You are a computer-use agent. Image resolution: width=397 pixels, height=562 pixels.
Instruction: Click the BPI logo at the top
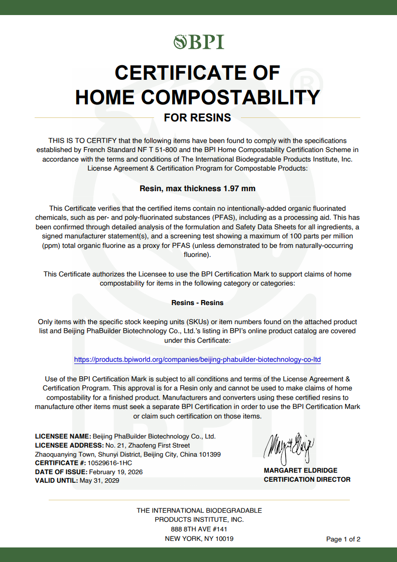199,42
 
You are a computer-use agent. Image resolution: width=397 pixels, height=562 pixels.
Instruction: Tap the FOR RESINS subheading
197,118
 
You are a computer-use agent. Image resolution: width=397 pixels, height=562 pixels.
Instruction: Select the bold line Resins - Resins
197,303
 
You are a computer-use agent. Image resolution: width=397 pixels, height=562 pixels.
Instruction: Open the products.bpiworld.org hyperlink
197,360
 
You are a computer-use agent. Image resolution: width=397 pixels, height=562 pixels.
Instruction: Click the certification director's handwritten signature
289,448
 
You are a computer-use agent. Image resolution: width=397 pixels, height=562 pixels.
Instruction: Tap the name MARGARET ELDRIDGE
301,471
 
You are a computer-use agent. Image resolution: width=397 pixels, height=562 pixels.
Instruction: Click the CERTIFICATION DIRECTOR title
307,480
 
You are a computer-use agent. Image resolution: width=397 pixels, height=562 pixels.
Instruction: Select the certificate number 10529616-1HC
110,463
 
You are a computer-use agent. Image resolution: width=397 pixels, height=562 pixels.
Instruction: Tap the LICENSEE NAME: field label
63,437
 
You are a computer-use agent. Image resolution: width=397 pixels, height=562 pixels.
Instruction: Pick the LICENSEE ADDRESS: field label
69,446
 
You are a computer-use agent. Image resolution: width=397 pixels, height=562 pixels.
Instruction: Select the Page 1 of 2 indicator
343,539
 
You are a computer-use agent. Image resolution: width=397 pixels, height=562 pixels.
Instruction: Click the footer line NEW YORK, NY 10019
199,538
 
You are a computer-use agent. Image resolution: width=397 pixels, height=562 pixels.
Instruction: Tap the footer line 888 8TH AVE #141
199,529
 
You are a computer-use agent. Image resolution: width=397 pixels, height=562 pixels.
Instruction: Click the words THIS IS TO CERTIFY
83,140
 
